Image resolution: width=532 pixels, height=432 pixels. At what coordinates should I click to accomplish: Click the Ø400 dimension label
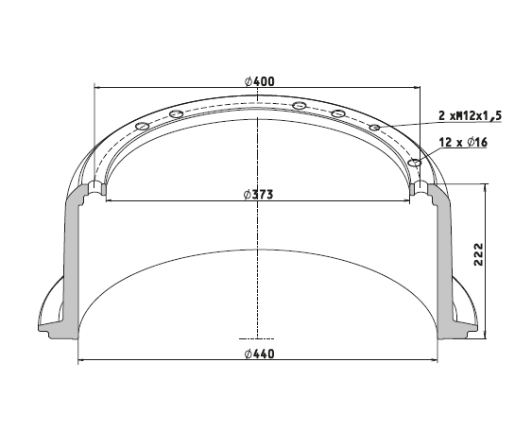pyautogui.click(x=259, y=81)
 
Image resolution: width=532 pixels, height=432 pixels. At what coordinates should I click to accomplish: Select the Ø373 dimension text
pyautogui.click(x=258, y=195)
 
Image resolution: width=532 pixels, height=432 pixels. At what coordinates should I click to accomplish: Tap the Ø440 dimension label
pyautogui.click(x=259, y=354)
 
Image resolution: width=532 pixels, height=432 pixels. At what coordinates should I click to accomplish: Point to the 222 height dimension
pyautogui.click(x=478, y=254)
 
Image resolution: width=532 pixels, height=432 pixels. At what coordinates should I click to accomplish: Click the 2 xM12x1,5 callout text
pyautogui.click(x=470, y=116)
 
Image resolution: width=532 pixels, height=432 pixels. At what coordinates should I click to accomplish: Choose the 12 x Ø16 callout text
pyautogui.click(x=463, y=142)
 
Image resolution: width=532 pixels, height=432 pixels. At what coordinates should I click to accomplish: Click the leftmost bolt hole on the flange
pyautogui.click(x=142, y=127)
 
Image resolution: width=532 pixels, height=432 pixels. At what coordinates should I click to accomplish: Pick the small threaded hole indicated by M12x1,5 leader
pyautogui.click(x=374, y=128)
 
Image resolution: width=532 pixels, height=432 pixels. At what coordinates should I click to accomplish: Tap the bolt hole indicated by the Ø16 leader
pyautogui.click(x=415, y=163)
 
